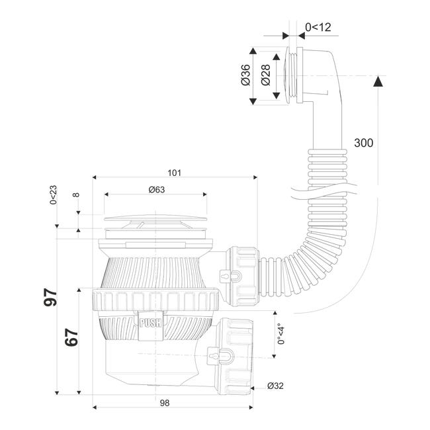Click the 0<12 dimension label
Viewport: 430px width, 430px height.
tap(318, 27)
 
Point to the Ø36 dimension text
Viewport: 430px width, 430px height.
tap(245, 75)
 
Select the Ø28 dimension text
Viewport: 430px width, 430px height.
tap(265, 75)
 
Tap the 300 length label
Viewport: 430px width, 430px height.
tap(363, 143)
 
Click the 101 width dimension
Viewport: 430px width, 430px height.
tap(174, 173)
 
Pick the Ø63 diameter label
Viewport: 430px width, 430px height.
tap(157, 189)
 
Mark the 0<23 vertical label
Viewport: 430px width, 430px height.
tap(53, 195)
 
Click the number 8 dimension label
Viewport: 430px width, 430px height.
tap(76, 194)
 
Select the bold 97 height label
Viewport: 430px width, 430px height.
tap(50, 297)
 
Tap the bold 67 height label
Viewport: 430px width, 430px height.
tap(71, 337)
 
